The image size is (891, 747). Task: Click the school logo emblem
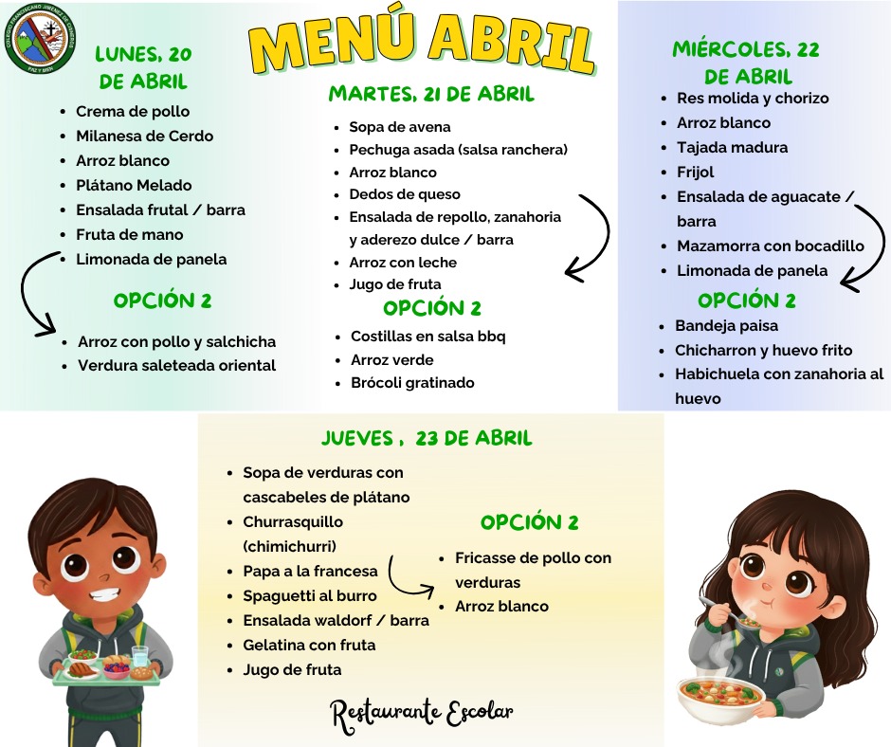41,38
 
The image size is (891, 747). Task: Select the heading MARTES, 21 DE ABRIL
431,94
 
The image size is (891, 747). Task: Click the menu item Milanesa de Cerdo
144,136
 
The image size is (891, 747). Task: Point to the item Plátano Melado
134,185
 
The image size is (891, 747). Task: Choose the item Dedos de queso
392,194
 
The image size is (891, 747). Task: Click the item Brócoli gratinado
412,383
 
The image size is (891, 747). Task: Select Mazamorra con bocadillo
770,246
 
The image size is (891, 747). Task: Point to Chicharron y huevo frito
763,350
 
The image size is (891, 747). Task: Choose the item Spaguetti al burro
309,595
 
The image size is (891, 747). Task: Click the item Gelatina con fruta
309,645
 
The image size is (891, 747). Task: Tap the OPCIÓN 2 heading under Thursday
529,521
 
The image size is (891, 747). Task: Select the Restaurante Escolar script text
422,713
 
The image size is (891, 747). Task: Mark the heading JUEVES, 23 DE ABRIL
426,438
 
